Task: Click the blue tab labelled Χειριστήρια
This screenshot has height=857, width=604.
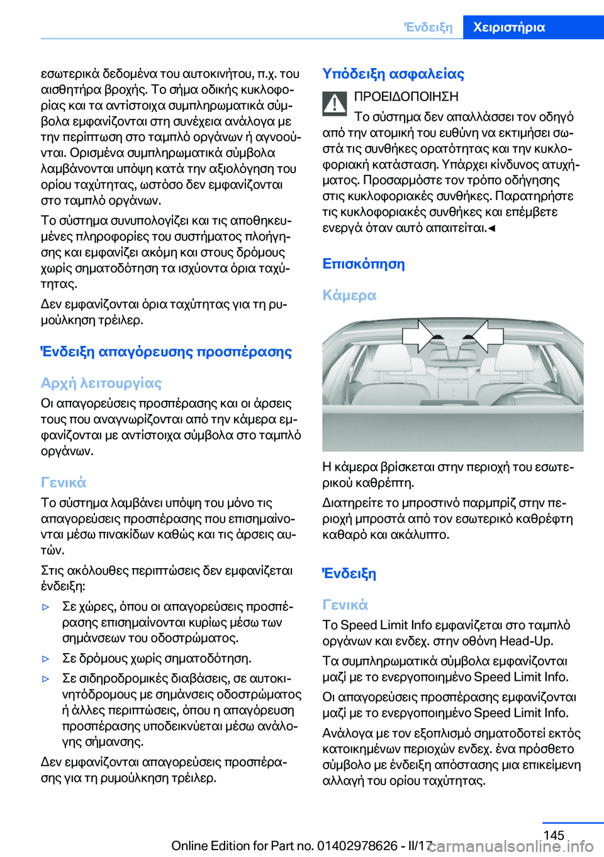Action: pyautogui.click(x=509, y=27)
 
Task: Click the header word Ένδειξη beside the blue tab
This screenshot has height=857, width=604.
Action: pyautogui.click(x=428, y=27)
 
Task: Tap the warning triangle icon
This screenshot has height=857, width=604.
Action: pyautogui.click(x=335, y=103)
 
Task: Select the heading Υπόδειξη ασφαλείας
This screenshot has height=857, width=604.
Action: pyautogui.click(x=393, y=74)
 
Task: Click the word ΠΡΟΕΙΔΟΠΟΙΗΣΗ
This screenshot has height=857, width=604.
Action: pyautogui.click(x=406, y=96)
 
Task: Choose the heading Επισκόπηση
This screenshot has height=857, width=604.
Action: pyautogui.click(x=364, y=264)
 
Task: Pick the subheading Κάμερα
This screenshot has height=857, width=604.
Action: pyautogui.click(x=349, y=295)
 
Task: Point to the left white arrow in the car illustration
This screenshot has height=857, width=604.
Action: pyautogui.click(x=420, y=334)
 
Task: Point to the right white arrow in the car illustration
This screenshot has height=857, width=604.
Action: pyautogui.click(x=488, y=334)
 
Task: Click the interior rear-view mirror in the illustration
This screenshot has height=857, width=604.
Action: pyautogui.click(x=454, y=344)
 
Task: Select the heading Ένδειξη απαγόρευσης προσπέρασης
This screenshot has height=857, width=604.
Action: pyautogui.click(x=166, y=352)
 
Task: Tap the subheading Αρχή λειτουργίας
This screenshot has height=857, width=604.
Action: pyautogui.click(x=101, y=383)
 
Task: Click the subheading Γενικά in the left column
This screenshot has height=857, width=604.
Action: pyautogui.click(x=64, y=483)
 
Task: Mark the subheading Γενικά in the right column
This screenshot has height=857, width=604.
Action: pyautogui.click(x=345, y=605)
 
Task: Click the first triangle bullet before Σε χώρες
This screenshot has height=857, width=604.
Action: pyautogui.click(x=45, y=607)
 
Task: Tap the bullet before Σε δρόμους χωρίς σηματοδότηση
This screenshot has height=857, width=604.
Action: pyautogui.click(x=45, y=659)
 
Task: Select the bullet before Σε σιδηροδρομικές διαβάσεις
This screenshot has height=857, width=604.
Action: pyautogui.click(x=45, y=679)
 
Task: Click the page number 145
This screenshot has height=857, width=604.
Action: pyautogui.click(x=554, y=835)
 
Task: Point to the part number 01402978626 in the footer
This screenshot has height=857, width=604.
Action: pyautogui.click(x=357, y=846)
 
